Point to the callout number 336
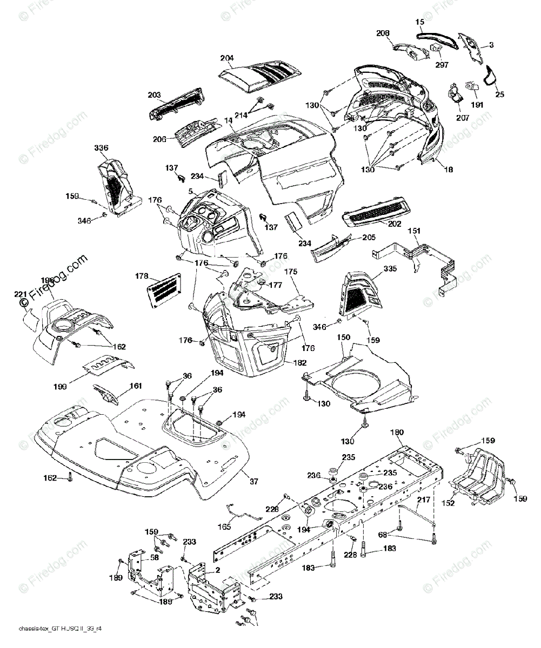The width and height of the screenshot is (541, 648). click(101, 148)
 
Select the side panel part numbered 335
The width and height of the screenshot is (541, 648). click(357, 294)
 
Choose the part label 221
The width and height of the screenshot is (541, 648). click(21, 294)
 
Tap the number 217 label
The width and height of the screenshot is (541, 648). click(424, 500)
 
